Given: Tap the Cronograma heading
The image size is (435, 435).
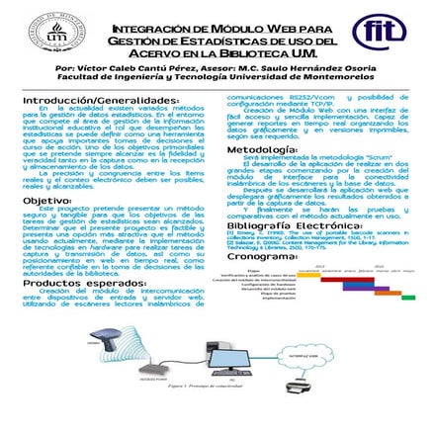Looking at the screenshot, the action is coord(263,254).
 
